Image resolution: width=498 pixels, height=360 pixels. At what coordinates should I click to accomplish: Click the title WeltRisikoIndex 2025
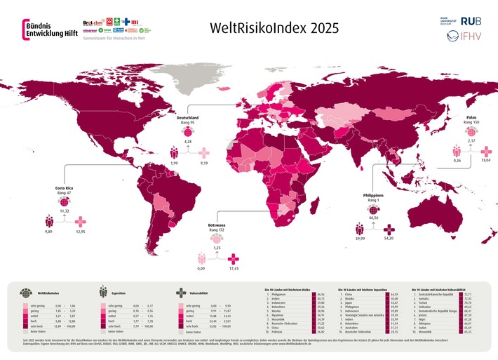click(269, 29)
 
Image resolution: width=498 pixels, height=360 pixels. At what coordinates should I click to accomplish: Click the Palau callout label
click(471, 116)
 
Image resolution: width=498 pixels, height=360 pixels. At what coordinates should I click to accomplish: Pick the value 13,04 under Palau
click(485, 161)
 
